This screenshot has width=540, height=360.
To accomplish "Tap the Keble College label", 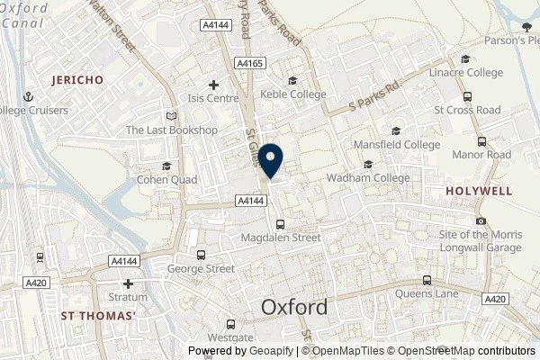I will pyautogui.click(x=292, y=94).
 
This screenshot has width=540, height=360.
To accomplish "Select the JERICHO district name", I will pyautogui.click(x=77, y=80).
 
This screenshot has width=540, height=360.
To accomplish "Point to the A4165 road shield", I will pyautogui.click(x=249, y=63).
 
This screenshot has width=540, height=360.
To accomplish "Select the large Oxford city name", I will pyautogui.click(x=294, y=307).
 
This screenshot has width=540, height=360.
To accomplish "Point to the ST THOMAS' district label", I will pyautogui.click(x=99, y=316).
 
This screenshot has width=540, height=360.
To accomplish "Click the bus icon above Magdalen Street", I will pyautogui.click(x=281, y=224).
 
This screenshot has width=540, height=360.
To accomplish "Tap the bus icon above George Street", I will pyautogui.click(x=201, y=255).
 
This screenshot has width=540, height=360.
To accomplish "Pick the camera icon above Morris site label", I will pyautogui.click(x=481, y=221).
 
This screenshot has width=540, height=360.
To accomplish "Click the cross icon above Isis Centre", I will pyautogui.click(x=212, y=85).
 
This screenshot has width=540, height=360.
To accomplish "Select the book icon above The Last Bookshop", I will pyautogui.click(x=172, y=116).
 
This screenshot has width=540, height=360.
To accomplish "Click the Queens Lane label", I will pyautogui.click(x=427, y=293).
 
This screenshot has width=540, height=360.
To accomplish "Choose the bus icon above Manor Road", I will pyautogui.click(x=481, y=141).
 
